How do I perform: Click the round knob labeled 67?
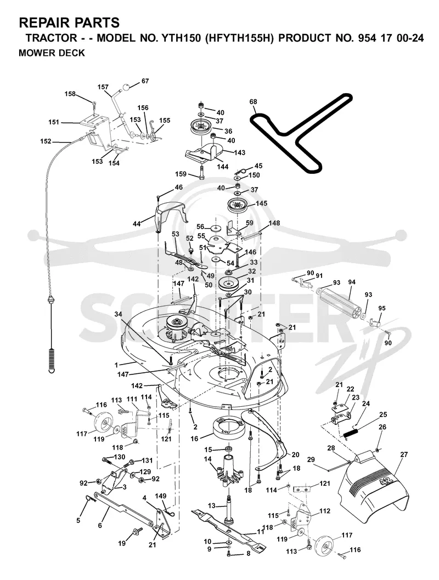pos(127,88)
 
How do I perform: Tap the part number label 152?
pos(46,141)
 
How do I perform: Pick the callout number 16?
pos(194,439)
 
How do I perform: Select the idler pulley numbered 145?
pos(238,204)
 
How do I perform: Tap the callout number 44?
pos(137,224)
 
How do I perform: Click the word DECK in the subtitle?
pos(72,53)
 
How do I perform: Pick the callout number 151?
pos(54,122)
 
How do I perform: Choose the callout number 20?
pos(295,454)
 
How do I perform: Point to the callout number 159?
pos(181,174)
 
